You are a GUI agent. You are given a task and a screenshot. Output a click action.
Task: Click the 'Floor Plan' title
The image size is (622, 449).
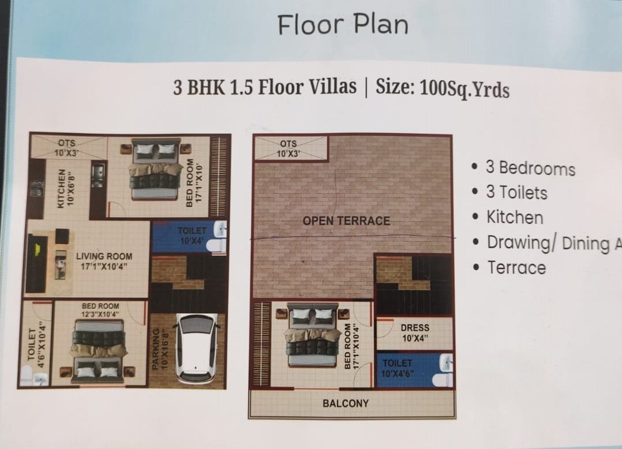pyautogui.click(x=343, y=25)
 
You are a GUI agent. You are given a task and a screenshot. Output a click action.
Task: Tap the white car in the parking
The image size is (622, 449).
pyautogui.click(x=197, y=348)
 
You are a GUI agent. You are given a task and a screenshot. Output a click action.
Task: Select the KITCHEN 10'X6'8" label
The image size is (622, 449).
pyautogui.click(x=65, y=188)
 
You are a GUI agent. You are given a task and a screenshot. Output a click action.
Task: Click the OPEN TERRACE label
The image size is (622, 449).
pyautogui.click(x=346, y=221)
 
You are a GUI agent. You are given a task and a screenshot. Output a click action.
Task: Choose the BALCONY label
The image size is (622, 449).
pyautogui.click(x=346, y=403)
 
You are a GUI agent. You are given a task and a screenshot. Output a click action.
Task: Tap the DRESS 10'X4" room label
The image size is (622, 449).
pyautogui.click(x=415, y=333)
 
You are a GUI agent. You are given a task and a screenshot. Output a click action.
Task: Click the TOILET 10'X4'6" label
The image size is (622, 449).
pyautogui.click(x=398, y=368)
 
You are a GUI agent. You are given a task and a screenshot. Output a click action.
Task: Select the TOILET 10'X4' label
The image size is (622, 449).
pyautogui.click(x=192, y=235)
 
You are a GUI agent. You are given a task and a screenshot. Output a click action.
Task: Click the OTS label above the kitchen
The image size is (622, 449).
pyautogui.click(x=67, y=143)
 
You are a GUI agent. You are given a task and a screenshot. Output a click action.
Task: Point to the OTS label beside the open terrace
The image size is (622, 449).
pyautogui.click(x=288, y=144)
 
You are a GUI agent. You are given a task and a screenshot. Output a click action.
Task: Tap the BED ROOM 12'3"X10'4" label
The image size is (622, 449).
pyautogui.click(x=100, y=310)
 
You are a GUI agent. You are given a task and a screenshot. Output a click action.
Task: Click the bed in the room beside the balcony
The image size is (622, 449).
pyautogui.click(x=313, y=334)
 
